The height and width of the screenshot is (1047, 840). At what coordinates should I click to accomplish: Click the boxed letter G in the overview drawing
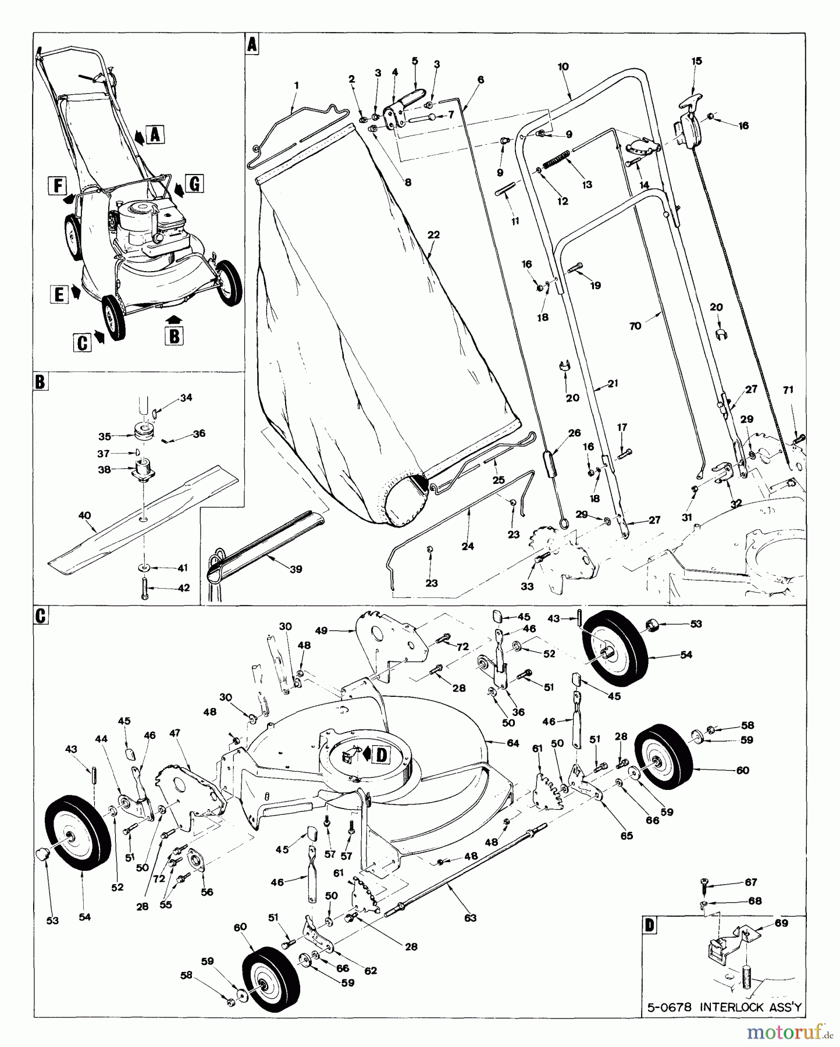194,184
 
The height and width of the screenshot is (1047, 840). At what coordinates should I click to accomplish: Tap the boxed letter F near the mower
57,186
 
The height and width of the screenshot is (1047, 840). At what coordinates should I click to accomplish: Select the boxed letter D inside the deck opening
381,755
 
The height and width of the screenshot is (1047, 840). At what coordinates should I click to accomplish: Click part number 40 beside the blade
85,515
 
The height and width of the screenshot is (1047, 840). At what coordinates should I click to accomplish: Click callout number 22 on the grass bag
433,235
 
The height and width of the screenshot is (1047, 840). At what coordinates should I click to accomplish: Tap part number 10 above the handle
563,67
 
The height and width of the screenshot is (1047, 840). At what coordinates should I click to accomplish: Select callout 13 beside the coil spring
586,184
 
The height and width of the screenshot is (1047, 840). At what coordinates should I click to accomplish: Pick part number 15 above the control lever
697,61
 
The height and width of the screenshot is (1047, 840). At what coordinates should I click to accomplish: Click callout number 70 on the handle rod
635,326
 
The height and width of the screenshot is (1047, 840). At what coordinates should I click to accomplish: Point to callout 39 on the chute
296,569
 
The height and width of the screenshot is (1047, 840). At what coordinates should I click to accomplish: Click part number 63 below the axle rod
470,918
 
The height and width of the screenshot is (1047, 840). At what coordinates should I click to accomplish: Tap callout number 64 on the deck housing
512,743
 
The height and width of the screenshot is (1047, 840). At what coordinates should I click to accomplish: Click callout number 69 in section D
781,939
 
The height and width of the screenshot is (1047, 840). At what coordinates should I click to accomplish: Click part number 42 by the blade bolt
184,588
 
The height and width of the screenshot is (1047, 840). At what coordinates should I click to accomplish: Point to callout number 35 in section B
105,436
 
